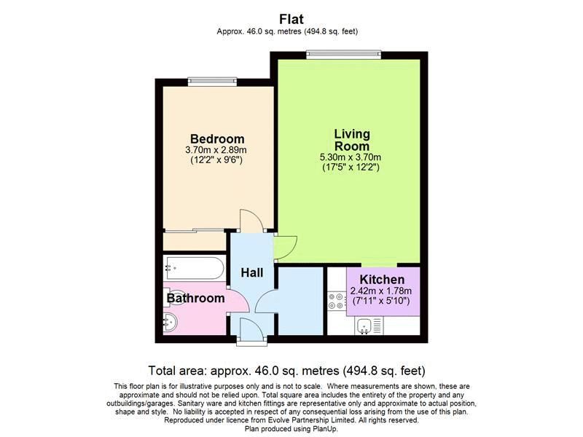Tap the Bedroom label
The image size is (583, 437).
(x=217, y=139)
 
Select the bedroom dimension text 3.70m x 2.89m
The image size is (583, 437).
(x=217, y=151)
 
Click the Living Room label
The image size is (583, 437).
(x=352, y=140)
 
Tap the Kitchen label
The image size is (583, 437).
(x=383, y=280)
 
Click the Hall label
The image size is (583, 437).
(x=252, y=272)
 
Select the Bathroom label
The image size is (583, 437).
(x=195, y=298)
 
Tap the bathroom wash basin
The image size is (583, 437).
(x=170, y=322)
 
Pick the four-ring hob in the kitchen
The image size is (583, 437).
(x=337, y=302)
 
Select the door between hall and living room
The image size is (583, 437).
(x=283, y=246)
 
